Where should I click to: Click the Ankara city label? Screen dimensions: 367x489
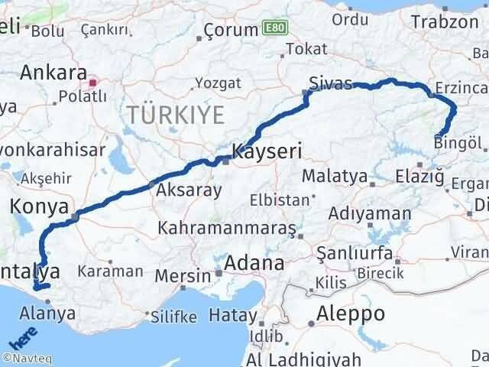pyautogui.click(x=53, y=73)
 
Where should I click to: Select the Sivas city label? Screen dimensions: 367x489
pyautogui.click(x=331, y=83)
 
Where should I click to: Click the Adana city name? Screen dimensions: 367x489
pyautogui.click(x=254, y=264)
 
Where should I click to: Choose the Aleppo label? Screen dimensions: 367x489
pyautogui.click(x=351, y=313)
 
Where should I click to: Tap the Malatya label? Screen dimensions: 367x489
pyautogui.click(x=335, y=176)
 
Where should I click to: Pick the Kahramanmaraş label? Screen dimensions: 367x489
pyautogui.click(x=228, y=228)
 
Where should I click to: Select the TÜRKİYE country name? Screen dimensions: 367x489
pyautogui.click(x=175, y=115)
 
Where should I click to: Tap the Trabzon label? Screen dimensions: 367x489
pyautogui.click(x=444, y=21)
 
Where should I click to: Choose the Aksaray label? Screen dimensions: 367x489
pyautogui.click(x=189, y=190)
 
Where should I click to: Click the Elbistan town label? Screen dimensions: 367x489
pyautogui.click(x=279, y=201)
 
